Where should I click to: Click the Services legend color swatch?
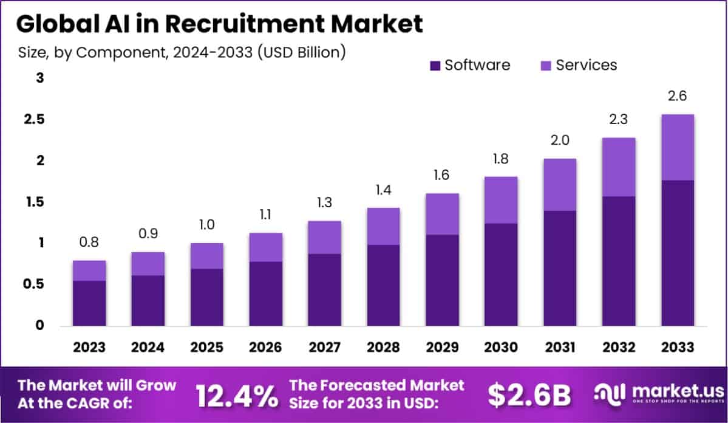tap(546, 66)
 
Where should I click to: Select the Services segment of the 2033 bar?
tap(678, 147)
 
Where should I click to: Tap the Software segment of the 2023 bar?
tap(90, 303)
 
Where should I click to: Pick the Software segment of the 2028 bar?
tap(383, 285)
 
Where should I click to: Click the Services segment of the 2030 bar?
tap(501, 200)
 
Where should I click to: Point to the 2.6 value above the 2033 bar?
tap(678, 97)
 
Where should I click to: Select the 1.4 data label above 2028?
tap(383, 190)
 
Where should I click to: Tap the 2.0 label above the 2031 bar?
tap(559, 141)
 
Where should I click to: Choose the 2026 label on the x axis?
tap(266, 347)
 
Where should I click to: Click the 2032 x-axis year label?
tap(618, 347)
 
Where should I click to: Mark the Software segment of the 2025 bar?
tap(207, 297)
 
